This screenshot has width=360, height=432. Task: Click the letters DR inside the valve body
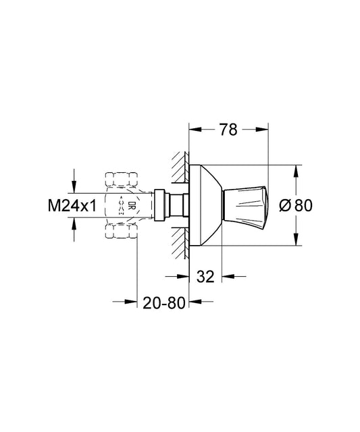[132, 206]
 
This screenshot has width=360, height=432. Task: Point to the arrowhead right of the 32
[228, 275]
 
